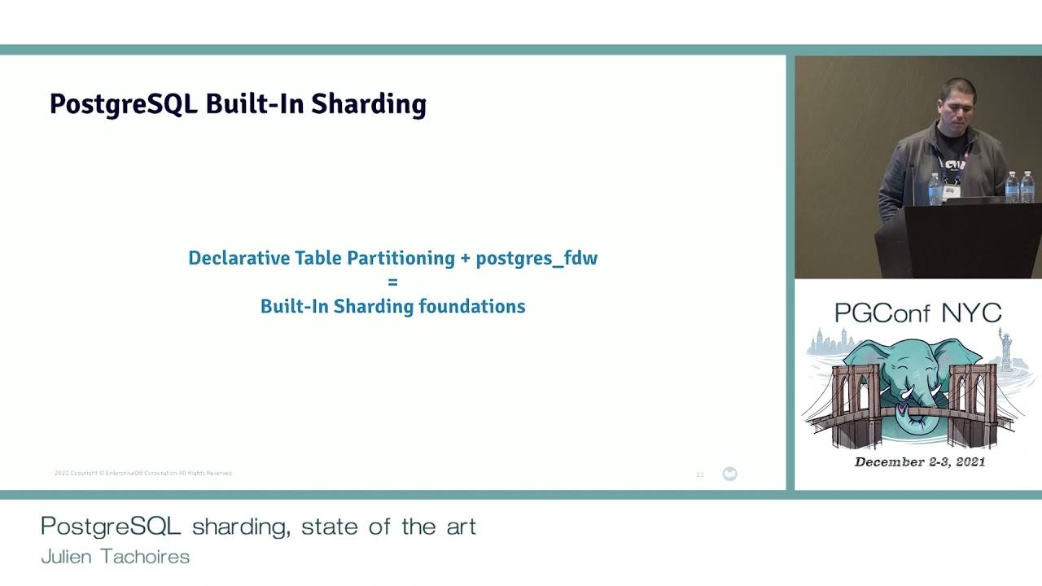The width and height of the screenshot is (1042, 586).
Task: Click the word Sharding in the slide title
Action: coord(369,105)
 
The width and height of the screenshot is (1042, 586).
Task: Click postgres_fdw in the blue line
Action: coord(536,258)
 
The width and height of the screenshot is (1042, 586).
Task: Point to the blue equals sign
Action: coord(392,282)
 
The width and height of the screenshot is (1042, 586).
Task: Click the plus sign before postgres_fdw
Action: coord(466,259)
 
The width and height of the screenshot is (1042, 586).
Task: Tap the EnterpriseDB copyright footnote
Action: coord(143,473)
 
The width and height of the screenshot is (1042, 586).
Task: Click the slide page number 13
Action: coord(699,474)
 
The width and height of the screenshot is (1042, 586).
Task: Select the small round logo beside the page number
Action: coord(729,474)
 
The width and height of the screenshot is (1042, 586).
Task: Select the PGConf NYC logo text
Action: coord(917,313)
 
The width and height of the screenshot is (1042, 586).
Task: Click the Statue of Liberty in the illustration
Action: coord(1006,345)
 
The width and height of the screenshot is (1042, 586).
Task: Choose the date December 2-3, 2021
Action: coord(920,462)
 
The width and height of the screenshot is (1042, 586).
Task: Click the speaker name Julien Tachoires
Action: coord(116,557)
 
